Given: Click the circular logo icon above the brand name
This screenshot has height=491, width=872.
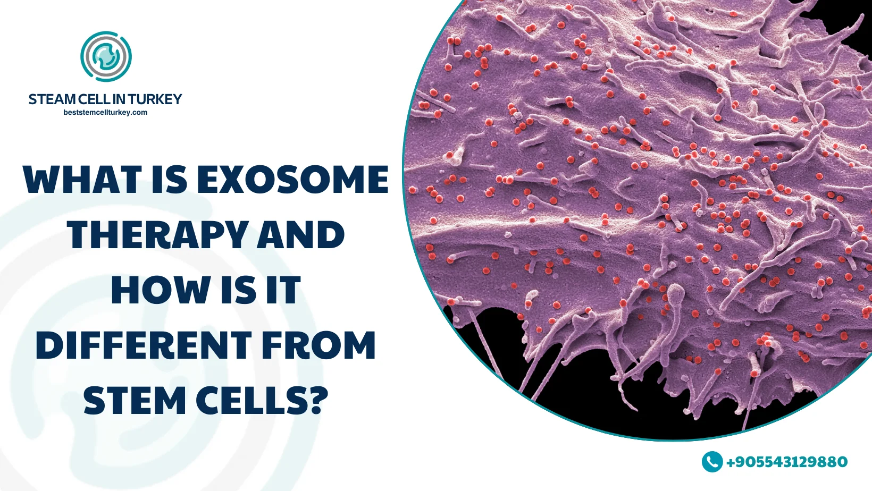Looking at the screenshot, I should (x=106, y=56).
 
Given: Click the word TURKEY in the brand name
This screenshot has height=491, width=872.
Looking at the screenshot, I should (x=155, y=99).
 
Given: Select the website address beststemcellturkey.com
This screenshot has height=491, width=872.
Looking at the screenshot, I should (x=105, y=113).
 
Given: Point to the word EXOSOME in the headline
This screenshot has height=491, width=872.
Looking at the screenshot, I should (x=293, y=180).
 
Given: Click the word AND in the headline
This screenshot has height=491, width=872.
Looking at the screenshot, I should (x=301, y=235).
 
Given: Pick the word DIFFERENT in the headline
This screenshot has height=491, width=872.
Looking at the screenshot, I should (x=144, y=345).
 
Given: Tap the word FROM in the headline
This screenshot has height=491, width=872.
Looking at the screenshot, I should (x=318, y=345).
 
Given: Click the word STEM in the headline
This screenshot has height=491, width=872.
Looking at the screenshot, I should (x=135, y=401).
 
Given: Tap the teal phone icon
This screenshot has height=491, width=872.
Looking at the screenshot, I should (x=712, y=462).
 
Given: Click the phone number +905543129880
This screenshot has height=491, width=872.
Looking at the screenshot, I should (x=787, y=462).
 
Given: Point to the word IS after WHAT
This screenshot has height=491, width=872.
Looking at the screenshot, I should (x=170, y=180).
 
